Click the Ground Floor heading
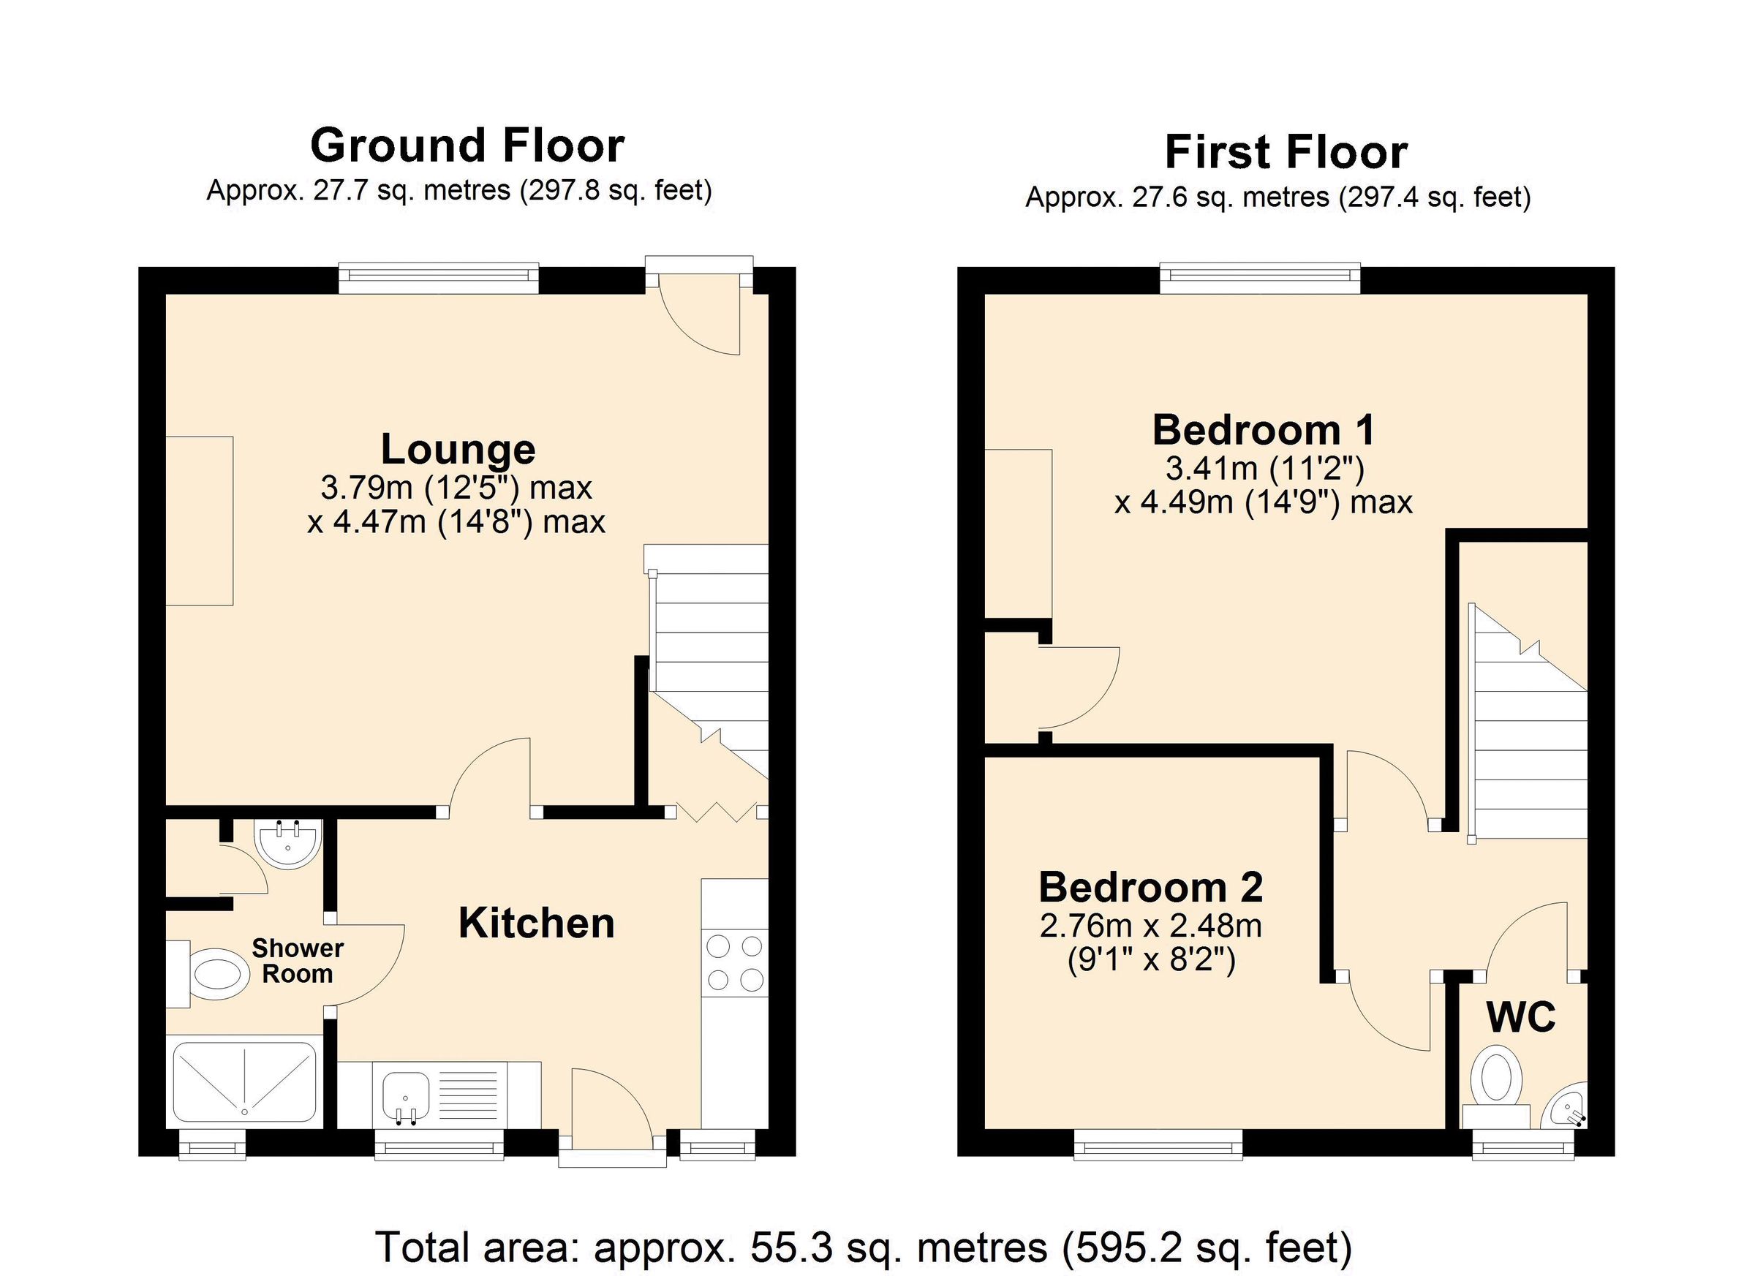coord(467,146)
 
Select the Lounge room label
coord(458,450)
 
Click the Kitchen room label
coord(536,923)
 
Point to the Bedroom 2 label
coord(1151,888)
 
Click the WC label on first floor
coord(1520,1018)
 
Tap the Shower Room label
coord(297,960)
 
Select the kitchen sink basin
coord(405,1095)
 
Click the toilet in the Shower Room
coord(214,975)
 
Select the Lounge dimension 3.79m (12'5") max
coord(456,488)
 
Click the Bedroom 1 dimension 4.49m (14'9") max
coord(1263,503)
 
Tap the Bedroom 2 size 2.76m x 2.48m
coord(1151,926)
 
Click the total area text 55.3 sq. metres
coord(864,1247)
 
